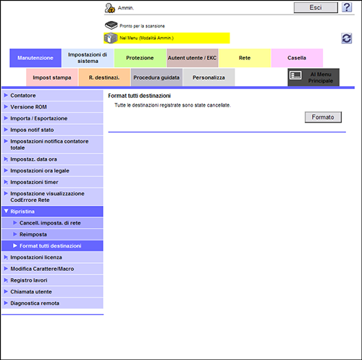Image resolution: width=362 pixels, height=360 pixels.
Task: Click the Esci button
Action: point(316,8)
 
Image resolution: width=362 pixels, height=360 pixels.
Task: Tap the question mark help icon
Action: point(347,7)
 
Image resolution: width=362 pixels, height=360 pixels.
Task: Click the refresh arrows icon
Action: point(347,38)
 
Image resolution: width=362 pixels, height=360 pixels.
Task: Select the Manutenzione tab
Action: point(35,58)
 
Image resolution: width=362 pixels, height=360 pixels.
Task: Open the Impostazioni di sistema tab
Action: point(88,58)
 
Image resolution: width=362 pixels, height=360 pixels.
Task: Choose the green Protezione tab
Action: point(140,58)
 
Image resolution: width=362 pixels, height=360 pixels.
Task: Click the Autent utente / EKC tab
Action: point(192,58)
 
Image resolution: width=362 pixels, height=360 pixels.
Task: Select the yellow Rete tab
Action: point(245,58)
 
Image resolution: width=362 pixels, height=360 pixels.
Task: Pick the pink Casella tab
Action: point(297,58)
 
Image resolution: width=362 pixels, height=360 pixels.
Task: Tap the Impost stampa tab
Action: point(52,78)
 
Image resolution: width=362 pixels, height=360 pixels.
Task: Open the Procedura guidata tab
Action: point(156,78)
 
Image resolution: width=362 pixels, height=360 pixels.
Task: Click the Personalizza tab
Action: point(209,78)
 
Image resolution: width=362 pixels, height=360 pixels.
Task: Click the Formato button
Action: point(323,117)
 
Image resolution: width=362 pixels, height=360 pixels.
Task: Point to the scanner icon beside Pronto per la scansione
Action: point(111,25)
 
